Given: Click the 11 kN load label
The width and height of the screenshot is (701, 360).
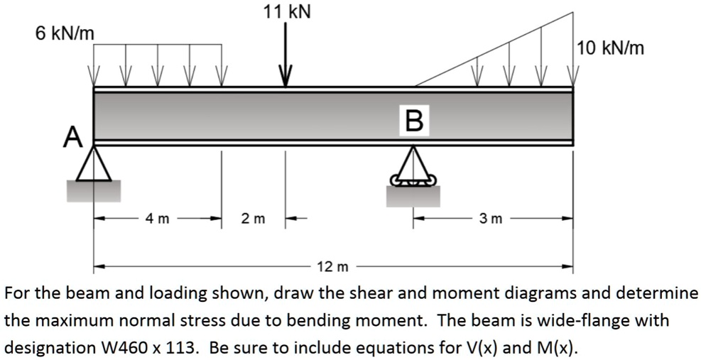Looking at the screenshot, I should pyautogui.click(x=286, y=12).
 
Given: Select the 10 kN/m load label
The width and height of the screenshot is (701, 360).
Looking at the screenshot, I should pyautogui.click(x=611, y=48).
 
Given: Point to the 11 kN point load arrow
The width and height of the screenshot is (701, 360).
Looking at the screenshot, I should pyautogui.click(x=286, y=56).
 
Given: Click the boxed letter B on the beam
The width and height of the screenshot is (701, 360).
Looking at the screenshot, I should pyautogui.click(x=415, y=119).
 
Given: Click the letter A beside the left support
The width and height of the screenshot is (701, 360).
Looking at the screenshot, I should pyautogui.click(x=72, y=136).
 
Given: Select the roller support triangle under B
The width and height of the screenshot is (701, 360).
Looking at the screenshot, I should pyautogui.click(x=413, y=165).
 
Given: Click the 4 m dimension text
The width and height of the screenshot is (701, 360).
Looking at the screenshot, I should pyautogui.click(x=158, y=219).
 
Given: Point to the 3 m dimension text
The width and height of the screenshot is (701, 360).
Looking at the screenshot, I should pyautogui.click(x=491, y=219).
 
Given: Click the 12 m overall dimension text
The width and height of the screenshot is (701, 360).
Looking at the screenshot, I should pyautogui.click(x=333, y=267).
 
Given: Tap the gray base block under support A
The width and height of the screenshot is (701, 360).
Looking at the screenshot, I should pyautogui.click(x=94, y=190).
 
